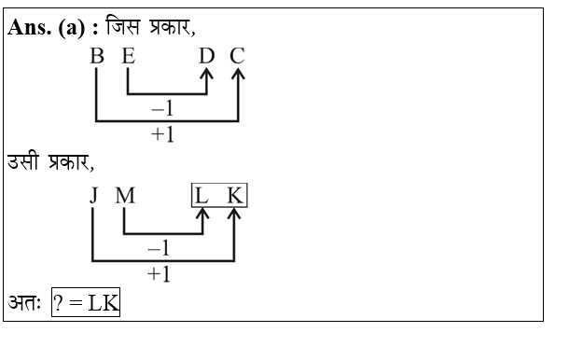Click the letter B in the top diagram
(x=96, y=57)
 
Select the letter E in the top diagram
(x=127, y=57)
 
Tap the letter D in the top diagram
(x=207, y=57)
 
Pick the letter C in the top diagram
(x=237, y=57)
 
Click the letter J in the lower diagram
(x=93, y=197)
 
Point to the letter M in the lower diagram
(x=126, y=197)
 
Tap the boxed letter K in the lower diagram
(x=234, y=197)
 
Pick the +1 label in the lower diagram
(x=160, y=273)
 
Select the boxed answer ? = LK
(x=85, y=305)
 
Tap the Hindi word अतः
(x=26, y=305)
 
